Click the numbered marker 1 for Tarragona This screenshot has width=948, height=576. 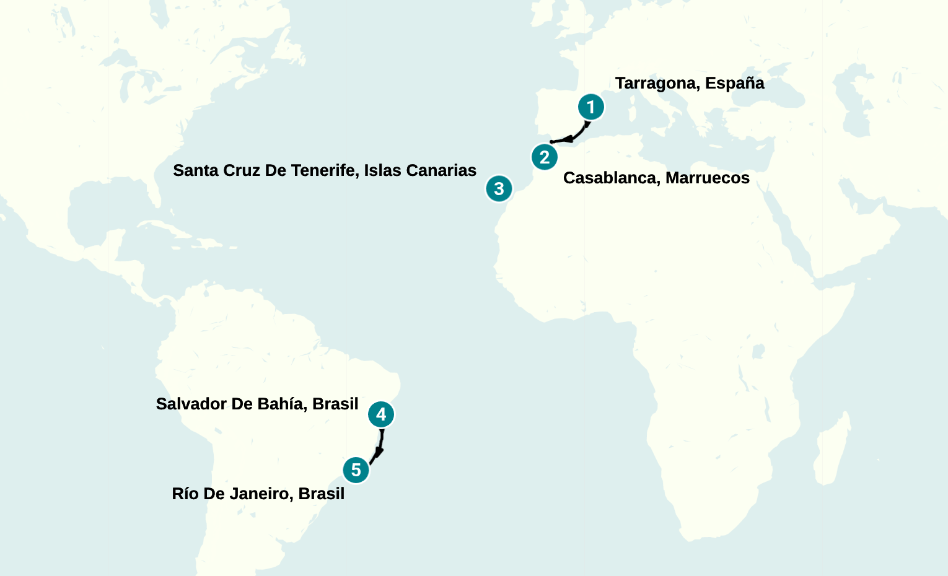(x=590, y=107)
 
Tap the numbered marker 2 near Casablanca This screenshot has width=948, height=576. (x=544, y=157)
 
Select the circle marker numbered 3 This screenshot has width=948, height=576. (x=499, y=188)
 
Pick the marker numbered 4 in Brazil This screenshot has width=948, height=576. (x=380, y=414)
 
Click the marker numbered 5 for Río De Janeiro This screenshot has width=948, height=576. (x=356, y=470)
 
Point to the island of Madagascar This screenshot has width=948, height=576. (x=833, y=452)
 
